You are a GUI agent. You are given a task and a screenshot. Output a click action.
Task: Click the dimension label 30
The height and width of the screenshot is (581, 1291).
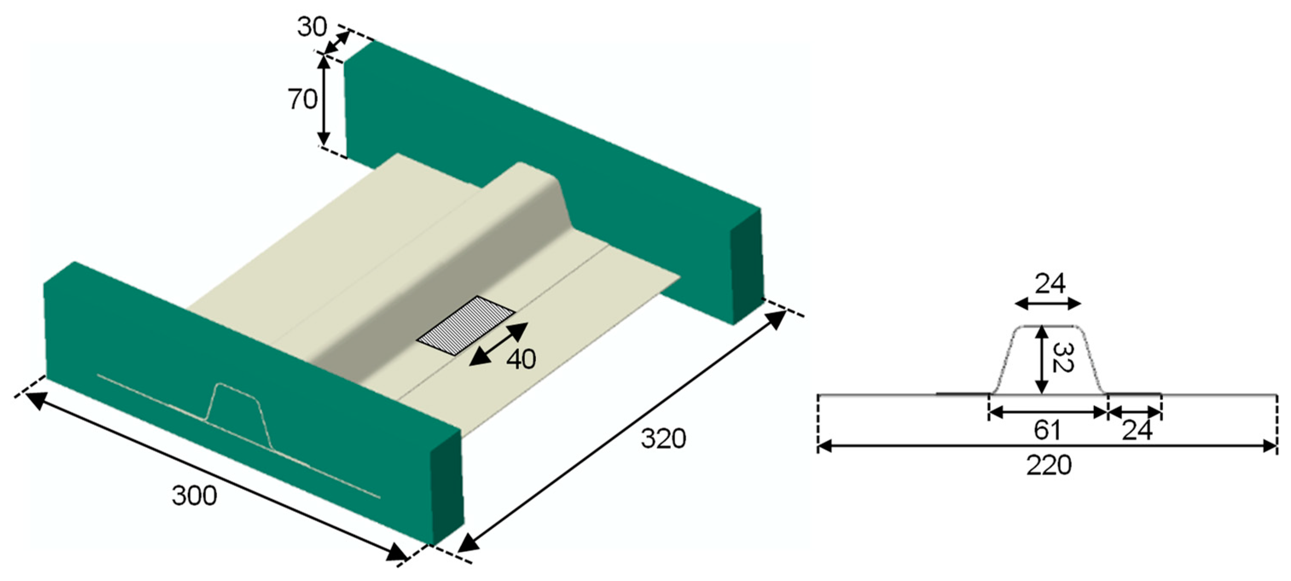pyautogui.click(x=312, y=27)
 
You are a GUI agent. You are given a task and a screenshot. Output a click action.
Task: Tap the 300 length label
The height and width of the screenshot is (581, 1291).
pyautogui.click(x=194, y=496)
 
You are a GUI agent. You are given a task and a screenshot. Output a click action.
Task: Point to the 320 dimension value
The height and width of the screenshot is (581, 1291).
pyautogui.click(x=663, y=439)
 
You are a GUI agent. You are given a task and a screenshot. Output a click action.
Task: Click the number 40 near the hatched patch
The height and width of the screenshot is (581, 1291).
pyautogui.click(x=521, y=359)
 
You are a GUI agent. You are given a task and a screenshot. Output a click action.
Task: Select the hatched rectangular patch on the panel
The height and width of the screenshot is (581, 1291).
pyautogui.click(x=466, y=326)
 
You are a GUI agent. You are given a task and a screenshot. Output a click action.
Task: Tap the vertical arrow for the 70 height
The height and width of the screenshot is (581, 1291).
pyautogui.click(x=324, y=100)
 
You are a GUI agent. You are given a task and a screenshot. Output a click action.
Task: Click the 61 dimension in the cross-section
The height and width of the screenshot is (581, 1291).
pyautogui.click(x=1047, y=430)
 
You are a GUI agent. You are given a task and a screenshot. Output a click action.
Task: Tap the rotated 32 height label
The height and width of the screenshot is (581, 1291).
pyautogui.click(x=1062, y=358)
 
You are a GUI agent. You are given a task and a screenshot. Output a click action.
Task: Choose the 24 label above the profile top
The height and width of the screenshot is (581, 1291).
pyautogui.click(x=1050, y=284)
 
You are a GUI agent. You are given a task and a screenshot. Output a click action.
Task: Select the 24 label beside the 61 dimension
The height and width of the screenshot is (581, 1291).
pyautogui.click(x=1137, y=430)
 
